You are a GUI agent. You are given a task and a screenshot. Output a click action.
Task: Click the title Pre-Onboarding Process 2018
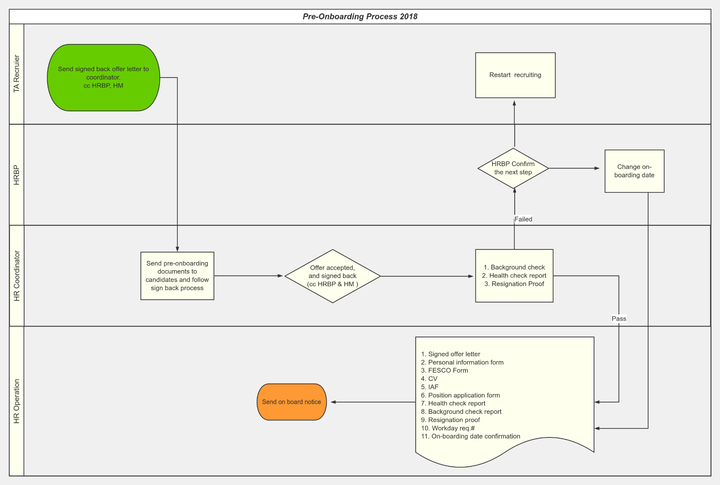(x=360, y=17)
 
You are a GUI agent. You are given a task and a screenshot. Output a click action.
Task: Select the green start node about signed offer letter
(x=103, y=77)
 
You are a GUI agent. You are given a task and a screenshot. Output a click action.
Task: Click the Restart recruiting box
(x=515, y=75)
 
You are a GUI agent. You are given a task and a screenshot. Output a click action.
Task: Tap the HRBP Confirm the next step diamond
(x=513, y=168)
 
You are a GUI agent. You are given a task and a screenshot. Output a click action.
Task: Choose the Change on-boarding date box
(x=634, y=171)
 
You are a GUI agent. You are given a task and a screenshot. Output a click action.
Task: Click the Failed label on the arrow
(x=523, y=219)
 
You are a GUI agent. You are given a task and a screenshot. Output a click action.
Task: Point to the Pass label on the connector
(x=619, y=318)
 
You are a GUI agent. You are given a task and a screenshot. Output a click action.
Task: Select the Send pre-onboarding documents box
(x=177, y=276)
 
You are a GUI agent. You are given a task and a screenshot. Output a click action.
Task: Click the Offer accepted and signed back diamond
(x=333, y=276)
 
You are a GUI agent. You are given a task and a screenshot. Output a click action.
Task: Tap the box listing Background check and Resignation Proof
(x=514, y=276)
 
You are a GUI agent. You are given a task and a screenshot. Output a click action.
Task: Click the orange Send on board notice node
(x=292, y=402)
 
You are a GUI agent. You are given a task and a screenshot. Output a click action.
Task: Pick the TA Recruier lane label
(x=17, y=74)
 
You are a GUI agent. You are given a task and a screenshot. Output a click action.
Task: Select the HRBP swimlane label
(x=17, y=175)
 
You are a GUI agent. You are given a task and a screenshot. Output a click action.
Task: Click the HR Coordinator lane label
(x=17, y=276)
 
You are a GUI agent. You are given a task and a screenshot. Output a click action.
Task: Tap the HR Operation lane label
(x=17, y=401)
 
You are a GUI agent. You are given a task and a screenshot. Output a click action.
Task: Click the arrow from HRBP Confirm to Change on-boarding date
(x=574, y=168)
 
